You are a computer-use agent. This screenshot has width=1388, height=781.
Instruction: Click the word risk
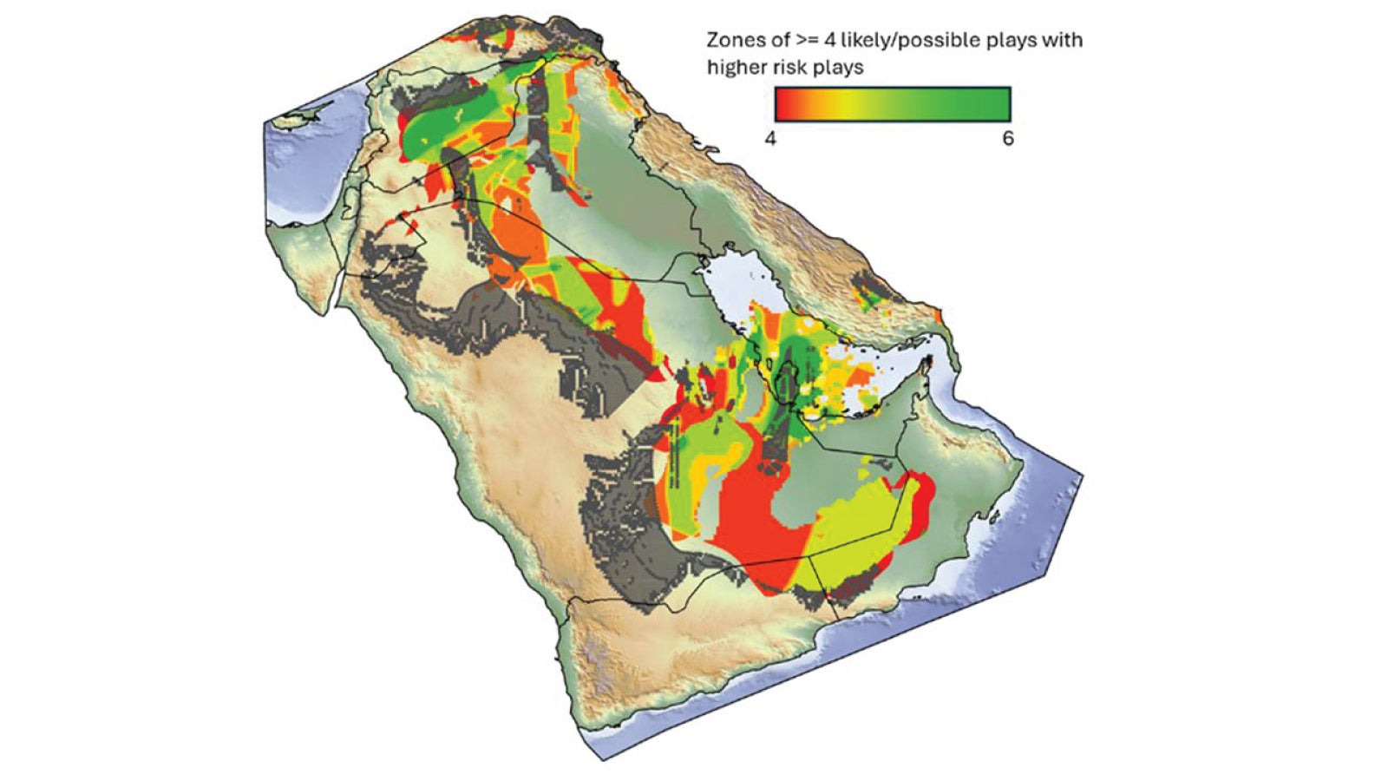click(x=789, y=68)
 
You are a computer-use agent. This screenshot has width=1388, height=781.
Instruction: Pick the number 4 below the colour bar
click(x=771, y=139)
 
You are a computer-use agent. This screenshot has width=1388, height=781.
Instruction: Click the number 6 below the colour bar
click(x=1008, y=139)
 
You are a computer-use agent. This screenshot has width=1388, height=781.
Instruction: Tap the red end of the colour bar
click(x=783, y=104)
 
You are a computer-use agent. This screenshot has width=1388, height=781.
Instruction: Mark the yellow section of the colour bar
click(x=846, y=104)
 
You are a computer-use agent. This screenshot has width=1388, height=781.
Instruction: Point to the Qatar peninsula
click(x=787, y=382)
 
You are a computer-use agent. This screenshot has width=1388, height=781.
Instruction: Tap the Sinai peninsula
click(x=304, y=260)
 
